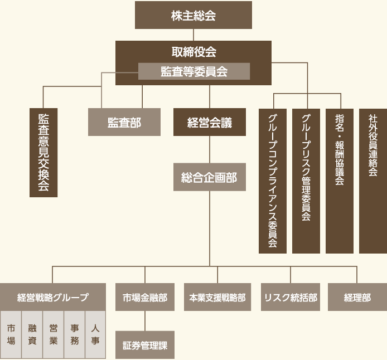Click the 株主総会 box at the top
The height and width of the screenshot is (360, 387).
193,15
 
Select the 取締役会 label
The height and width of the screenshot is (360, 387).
193,52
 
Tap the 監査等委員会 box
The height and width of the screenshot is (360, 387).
193,71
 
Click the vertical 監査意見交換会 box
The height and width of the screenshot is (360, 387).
43,152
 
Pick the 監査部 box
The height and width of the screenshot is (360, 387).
124,122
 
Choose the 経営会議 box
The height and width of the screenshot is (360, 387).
209,122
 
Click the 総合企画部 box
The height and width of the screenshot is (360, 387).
209,177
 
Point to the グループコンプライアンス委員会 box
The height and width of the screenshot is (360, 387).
273,181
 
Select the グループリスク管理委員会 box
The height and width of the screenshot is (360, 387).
306,181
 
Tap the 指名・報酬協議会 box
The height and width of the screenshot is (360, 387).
340,181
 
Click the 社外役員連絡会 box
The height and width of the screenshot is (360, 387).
373,181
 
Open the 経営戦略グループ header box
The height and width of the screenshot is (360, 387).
53,297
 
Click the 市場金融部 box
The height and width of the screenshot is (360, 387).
145,297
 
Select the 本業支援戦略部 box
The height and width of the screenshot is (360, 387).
217,297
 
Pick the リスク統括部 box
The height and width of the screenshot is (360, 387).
290,297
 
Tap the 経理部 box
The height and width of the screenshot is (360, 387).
357,297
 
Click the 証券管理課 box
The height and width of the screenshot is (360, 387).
145,345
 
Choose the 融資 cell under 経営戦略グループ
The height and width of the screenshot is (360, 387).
32,334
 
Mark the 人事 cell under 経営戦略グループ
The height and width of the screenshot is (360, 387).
95,334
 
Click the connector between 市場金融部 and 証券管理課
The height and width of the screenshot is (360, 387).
145,321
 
